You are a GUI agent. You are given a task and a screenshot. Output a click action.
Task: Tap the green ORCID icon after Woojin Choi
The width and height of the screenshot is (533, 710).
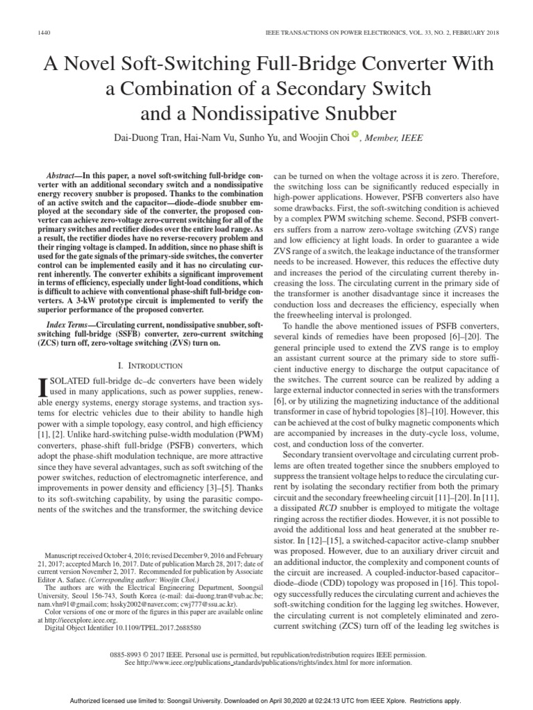pos(355,135)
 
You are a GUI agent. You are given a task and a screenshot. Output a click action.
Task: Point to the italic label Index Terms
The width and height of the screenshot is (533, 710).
pos(69,324)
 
